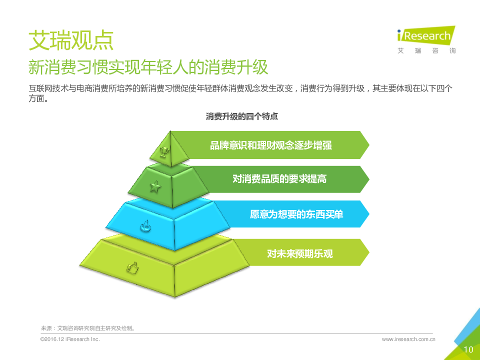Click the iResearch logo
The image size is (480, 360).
tap(426, 40)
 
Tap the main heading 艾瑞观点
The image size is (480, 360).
tap(71, 40)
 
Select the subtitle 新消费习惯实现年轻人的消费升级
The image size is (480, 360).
tap(148, 67)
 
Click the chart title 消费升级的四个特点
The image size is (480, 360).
tap(242, 116)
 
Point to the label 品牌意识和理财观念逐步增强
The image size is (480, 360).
tap(271, 145)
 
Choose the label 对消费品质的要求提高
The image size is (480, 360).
tap(279, 179)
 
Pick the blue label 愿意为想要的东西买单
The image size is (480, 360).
tap(296, 214)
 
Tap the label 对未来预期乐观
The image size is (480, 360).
tap(299, 253)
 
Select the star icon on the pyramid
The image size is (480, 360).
tap(155, 186)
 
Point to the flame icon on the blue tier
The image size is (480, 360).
tap(145, 226)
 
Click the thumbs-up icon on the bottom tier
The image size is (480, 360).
tap(132, 268)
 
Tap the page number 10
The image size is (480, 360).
tap(468, 349)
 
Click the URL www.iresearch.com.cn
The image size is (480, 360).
tap(408, 339)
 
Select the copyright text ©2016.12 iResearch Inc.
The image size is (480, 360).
tap(70, 339)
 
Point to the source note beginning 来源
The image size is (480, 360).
tap(88, 328)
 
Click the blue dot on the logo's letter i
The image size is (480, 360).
tap(399, 31)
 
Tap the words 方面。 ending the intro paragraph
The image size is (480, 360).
tap(38, 98)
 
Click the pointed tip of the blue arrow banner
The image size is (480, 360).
tap(369, 214)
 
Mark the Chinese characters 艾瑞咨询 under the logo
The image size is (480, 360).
tap(426, 51)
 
